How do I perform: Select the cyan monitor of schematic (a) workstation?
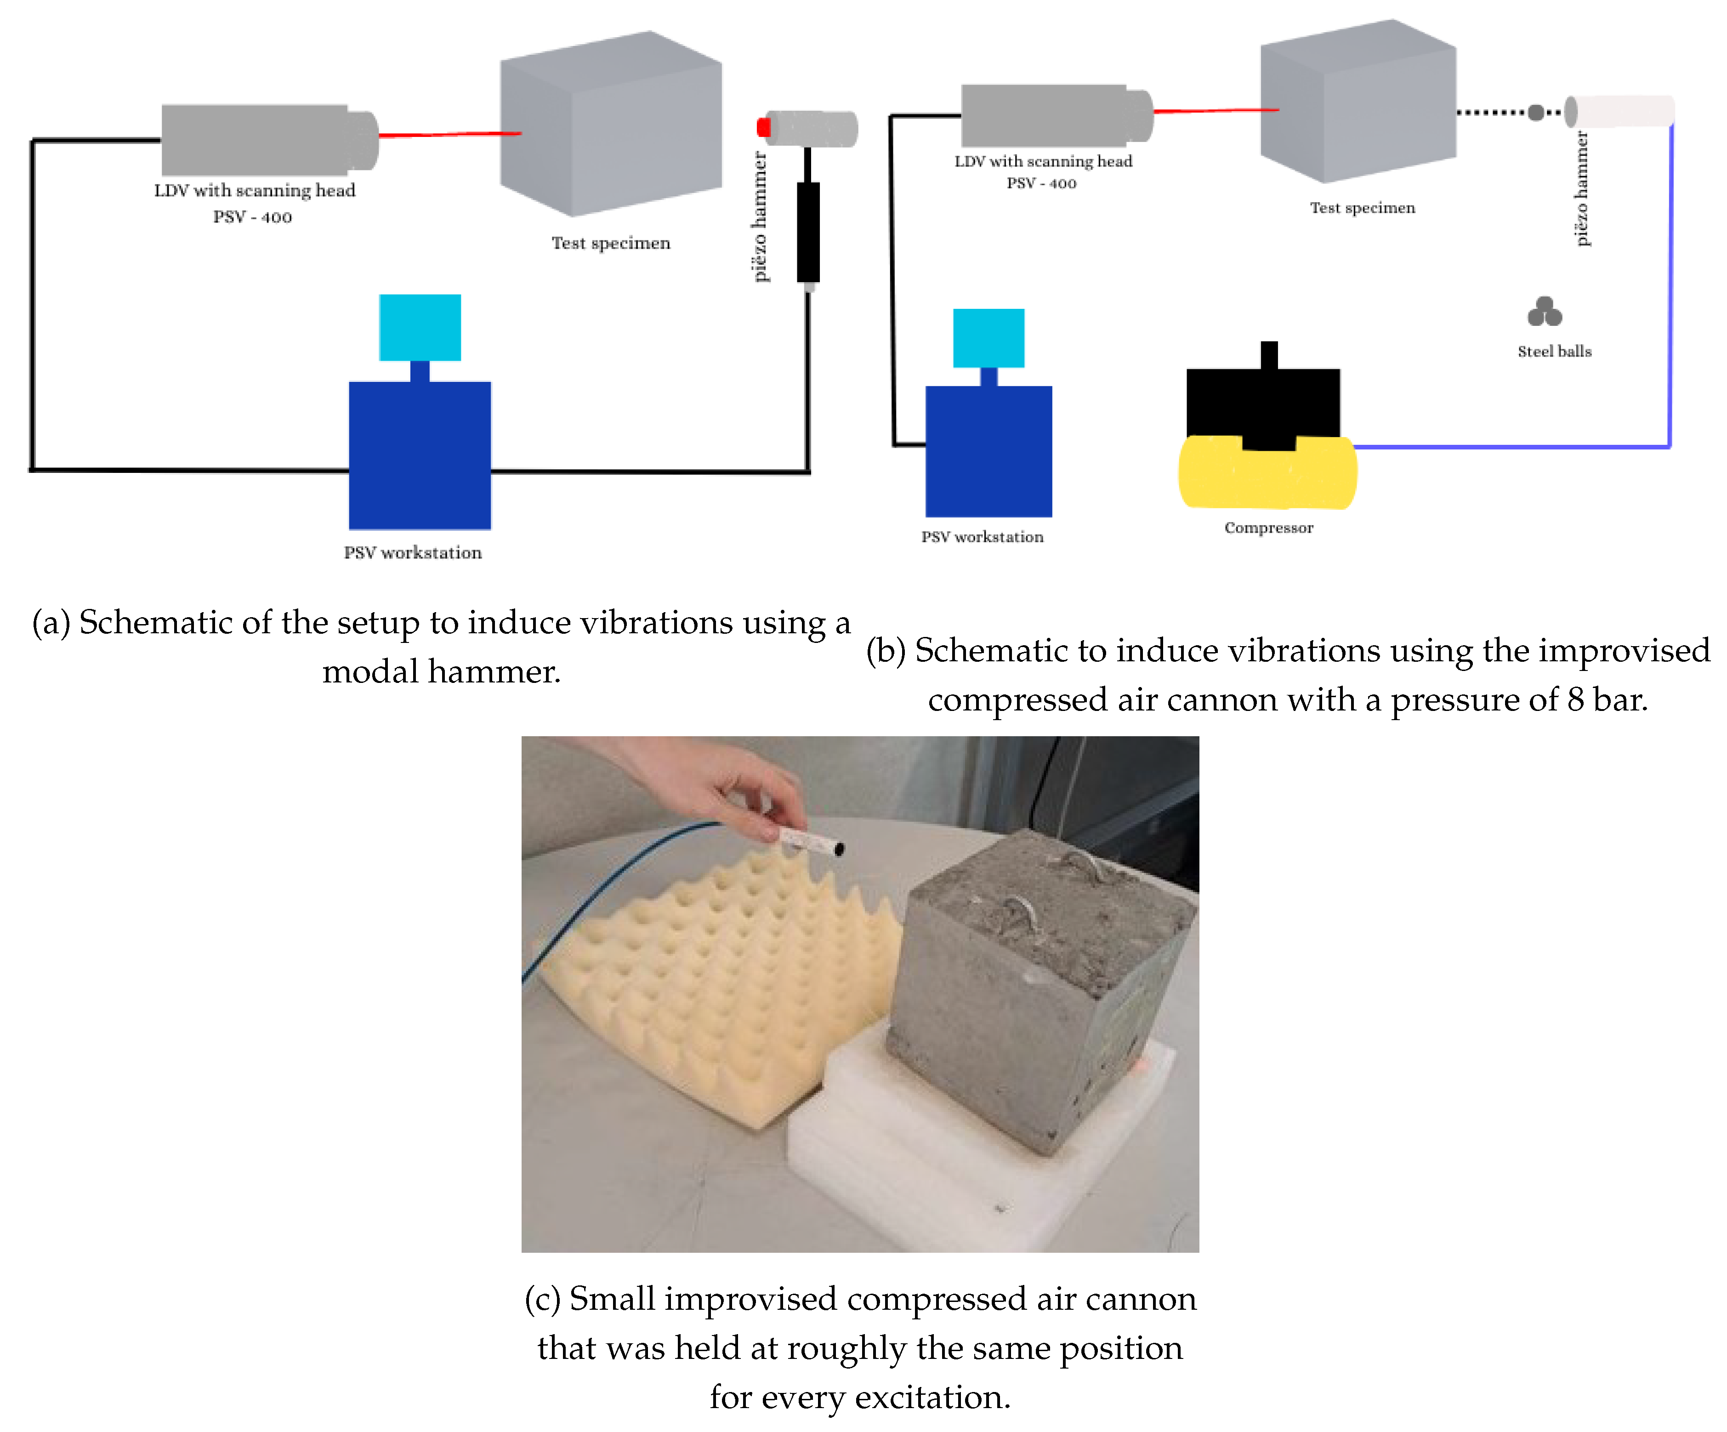420,327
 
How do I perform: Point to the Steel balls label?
1553,351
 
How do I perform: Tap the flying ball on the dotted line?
1535,113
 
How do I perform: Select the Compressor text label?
1268,527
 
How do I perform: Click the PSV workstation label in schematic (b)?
982,536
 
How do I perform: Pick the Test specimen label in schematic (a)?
610,243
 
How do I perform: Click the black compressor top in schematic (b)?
1262,403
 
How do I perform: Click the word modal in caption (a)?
370,672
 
